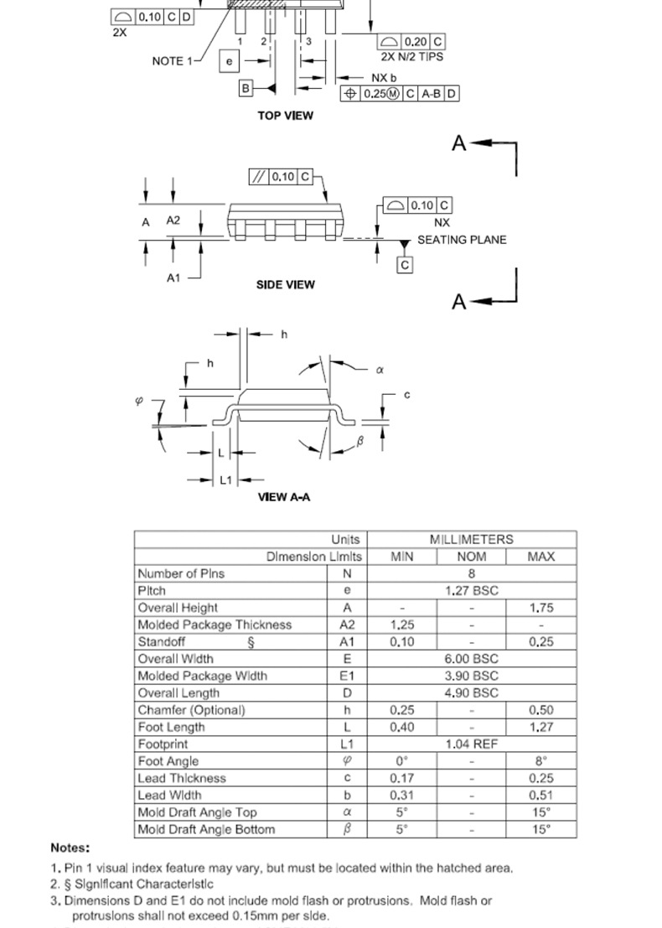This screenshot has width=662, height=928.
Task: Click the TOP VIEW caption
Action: pos(285,116)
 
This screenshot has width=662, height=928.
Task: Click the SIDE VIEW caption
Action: pos(285,285)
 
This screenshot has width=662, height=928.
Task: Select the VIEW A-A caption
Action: pos(284,497)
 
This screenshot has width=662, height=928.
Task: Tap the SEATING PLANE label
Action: pos(462,240)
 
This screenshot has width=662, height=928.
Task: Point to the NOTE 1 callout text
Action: pos(173,61)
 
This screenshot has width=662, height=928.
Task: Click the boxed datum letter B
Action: pos(246,88)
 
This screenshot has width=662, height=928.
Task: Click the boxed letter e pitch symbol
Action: pos(229,61)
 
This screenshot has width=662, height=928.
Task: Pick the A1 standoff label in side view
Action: pos(173,277)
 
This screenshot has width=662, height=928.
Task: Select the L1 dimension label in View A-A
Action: pos(225,480)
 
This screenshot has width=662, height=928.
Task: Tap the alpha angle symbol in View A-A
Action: pos(380,370)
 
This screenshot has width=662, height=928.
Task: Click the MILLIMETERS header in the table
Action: pos(471,540)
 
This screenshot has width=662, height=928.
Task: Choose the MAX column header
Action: pos(541,557)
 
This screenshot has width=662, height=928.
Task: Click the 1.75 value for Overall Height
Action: pos(541,608)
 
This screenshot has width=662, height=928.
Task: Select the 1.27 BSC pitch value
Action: pos(471,591)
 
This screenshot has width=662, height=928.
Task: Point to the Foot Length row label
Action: pos(171,727)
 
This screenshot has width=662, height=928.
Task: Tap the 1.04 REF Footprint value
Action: pos(471,744)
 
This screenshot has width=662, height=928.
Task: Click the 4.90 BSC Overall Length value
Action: pos(471,693)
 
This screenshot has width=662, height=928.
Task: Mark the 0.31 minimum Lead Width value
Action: pos(402,796)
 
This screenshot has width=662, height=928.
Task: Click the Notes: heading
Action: pos(70,848)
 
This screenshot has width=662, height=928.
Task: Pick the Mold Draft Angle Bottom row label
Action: pos(206,830)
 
